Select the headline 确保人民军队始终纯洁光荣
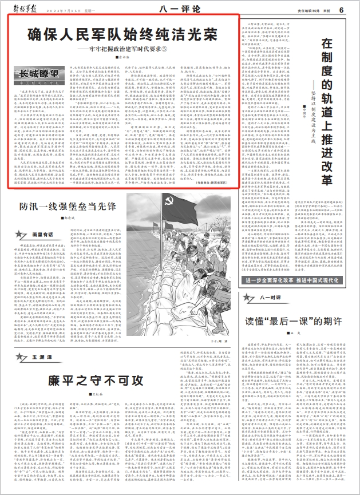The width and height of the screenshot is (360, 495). point(122,33)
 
